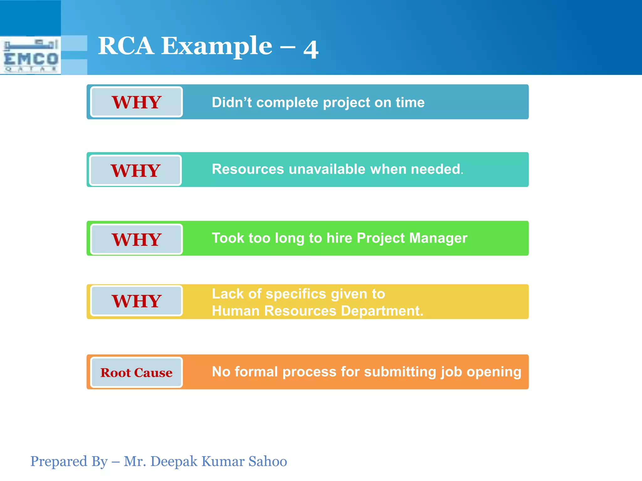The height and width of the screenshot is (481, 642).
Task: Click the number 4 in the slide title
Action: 311,49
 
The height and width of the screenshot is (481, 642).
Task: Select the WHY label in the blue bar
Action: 136,102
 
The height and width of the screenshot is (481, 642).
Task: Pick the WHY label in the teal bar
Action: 135,170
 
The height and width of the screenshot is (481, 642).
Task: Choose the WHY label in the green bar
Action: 136,239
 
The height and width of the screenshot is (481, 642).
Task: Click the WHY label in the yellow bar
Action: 136,301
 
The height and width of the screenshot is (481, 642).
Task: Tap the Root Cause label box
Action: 136,372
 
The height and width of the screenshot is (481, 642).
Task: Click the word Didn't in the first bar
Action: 231,102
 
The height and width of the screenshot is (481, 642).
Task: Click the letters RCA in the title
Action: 126,46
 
